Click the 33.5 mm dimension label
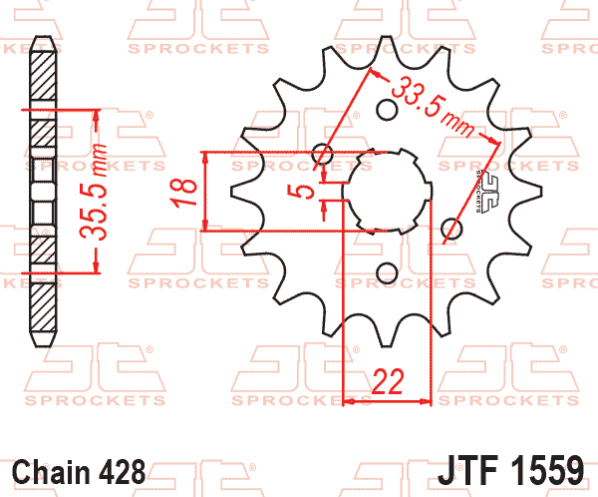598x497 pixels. (432, 105)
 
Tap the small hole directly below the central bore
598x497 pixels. (387, 272)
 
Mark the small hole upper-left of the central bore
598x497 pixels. (322, 154)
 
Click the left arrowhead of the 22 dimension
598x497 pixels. (349, 402)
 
